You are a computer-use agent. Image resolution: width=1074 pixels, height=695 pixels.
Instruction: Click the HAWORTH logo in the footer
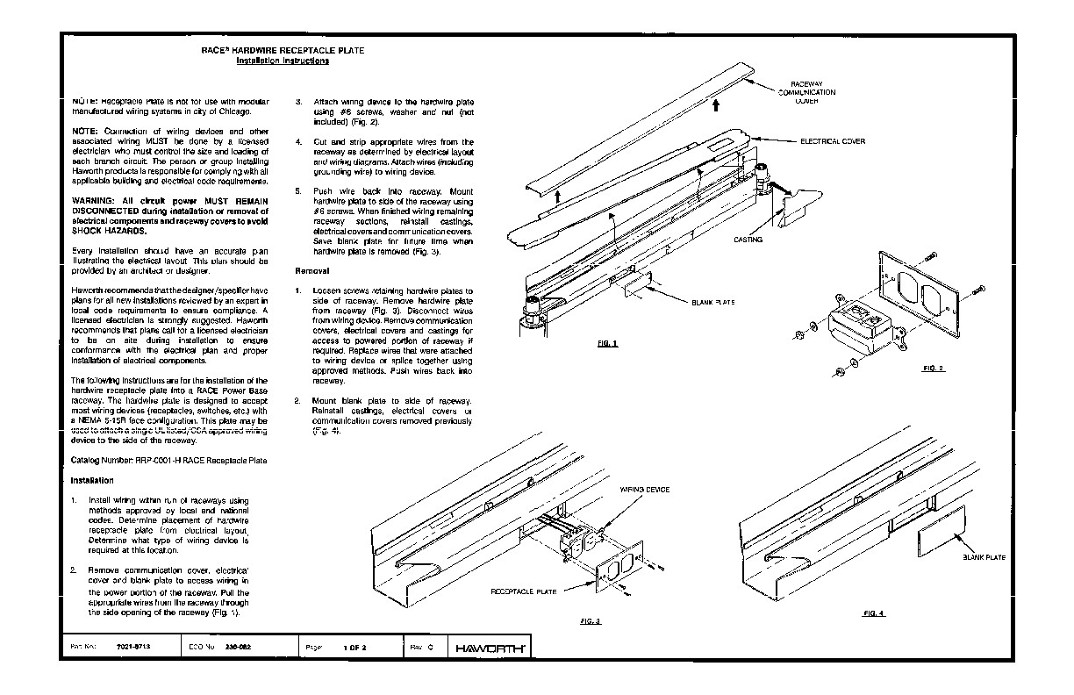[490, 648]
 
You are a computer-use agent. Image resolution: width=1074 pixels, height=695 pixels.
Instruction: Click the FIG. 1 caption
[607, 343]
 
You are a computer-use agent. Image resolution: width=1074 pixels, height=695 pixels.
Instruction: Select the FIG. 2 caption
[933, 368]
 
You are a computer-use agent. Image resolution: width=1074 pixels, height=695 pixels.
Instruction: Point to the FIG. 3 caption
[591, 620]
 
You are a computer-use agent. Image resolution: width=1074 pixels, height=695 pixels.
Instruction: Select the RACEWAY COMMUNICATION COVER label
[806, 92]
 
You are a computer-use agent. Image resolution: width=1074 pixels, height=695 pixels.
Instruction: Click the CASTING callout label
[748, 239]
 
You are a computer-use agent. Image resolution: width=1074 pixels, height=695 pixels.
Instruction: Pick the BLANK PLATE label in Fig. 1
[712, 302]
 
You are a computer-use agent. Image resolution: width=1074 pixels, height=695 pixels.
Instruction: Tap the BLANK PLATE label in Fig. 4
[984, 557]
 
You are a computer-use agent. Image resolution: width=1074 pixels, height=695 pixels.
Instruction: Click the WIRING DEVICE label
[645, 489]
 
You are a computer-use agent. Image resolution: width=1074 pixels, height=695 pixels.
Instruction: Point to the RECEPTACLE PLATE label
[523, 592]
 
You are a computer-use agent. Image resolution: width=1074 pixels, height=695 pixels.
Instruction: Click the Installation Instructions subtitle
[283, 61]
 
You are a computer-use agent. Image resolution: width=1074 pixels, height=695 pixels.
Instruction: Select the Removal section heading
[311, 271]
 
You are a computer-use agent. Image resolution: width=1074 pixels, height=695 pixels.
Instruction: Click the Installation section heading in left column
[92, 480]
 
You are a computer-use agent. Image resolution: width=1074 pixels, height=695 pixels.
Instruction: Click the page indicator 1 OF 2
[354, 647]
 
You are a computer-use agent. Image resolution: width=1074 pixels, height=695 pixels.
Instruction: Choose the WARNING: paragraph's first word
[92, 201]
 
